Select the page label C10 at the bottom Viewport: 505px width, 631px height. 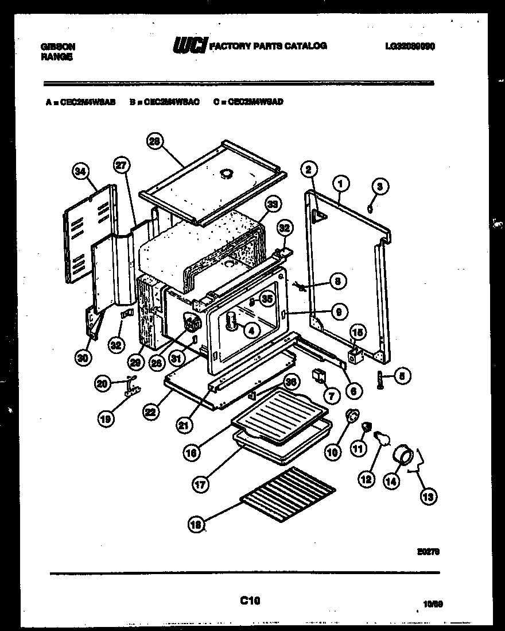[250, 601]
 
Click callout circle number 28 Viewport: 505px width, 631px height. [154, 141]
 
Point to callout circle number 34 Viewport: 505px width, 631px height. [81, 170]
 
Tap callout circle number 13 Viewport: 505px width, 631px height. [427, 497]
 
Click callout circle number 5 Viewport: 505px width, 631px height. [401, 377]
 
